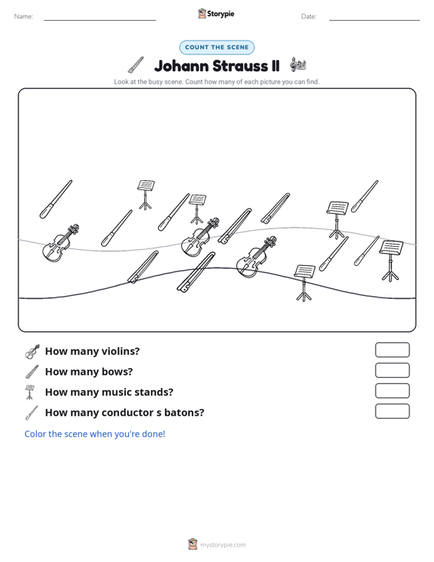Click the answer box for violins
[x=392, y=350]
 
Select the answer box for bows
[x=392, y=370]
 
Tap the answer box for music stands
[x=392, y=391]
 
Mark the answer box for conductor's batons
[x=392, y=411]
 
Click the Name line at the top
[x=100, y=20]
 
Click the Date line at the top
[x=374, y=20]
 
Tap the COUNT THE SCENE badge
[x=217, y=48]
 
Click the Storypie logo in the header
[x=216, y=14]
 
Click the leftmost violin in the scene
[x=61, y=243]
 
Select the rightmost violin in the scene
[x=256, y=256]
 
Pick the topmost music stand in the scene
[x=146, y=195]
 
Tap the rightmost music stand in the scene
[x=390, y=261]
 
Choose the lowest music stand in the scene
[x=304, y=283]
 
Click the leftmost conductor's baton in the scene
[x=55, y=199]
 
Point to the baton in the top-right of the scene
[x=364, y=196]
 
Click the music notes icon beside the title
[x=298, y=64]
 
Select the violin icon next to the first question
[x=32, y=352]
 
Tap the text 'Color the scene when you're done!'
[x=94, y=434]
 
